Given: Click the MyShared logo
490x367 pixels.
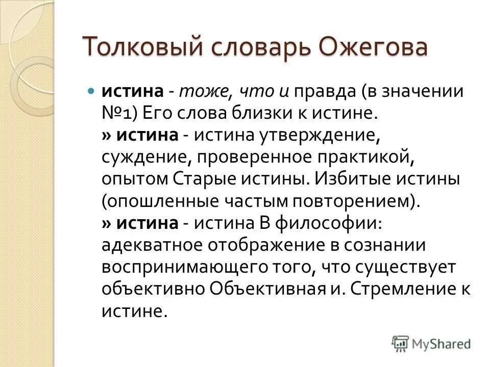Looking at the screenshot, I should (431, 344).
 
